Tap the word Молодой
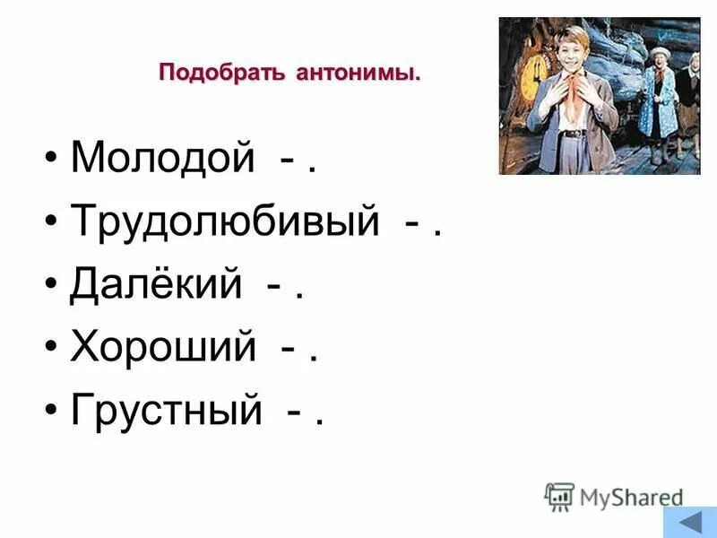tap(163, 159)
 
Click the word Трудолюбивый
tap(225, 221)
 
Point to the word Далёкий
tap(156, 284)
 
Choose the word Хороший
tap(163, 347)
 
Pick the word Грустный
tap(167, 410)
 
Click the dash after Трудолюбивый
tap(410, 224)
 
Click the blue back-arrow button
tap(689, 523)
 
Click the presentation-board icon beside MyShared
tap(559, 496)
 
